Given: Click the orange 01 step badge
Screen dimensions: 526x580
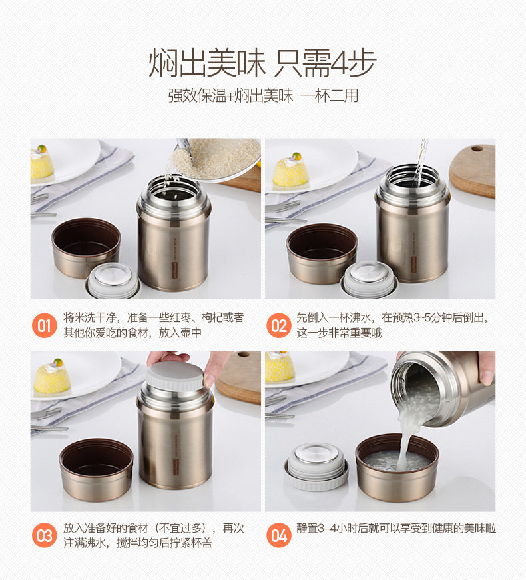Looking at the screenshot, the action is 44,325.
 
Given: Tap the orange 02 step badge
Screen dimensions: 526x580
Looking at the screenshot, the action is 278,325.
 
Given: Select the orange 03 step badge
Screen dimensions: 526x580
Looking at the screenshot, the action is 44,535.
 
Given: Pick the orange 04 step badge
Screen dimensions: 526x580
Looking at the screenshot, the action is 278,535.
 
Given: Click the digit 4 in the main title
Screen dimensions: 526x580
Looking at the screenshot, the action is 339,63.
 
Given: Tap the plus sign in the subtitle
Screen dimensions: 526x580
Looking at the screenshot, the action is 230,96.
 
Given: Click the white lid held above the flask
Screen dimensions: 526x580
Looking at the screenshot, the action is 175,375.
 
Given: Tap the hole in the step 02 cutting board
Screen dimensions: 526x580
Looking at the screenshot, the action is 477,149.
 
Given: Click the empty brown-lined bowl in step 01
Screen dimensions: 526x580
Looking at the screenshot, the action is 86,247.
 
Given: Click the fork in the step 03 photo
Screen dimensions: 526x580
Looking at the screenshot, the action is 46,413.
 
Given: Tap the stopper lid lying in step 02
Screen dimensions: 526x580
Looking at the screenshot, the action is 370,279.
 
